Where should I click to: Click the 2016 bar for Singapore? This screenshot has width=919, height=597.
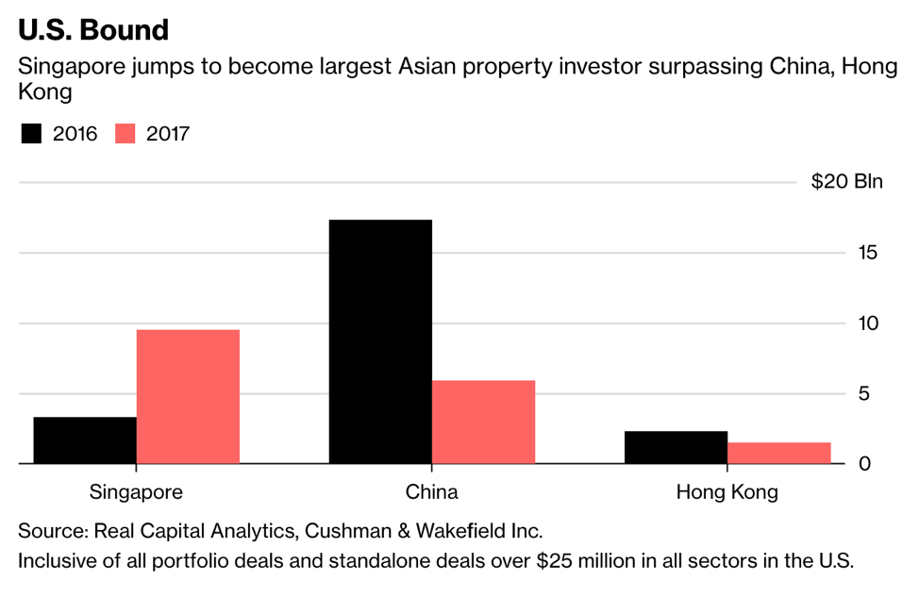coord(85,440)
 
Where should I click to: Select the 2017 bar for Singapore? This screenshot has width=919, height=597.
coord(188,396)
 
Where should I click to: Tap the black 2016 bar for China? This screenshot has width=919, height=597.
coord(380,341)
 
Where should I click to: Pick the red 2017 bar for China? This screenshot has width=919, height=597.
coord(483,422)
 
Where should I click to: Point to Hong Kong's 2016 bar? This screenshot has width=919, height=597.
coord(676,447)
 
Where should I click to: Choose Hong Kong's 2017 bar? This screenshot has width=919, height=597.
coord(779,453)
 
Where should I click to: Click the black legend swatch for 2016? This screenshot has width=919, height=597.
coord(32,134)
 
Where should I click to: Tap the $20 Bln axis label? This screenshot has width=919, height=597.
coord(846,182)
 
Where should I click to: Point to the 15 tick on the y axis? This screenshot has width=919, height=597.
coord(868,253)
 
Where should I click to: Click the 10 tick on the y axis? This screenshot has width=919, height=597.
coord(868,323)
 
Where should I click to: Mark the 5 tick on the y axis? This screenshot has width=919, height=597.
coord(873,394)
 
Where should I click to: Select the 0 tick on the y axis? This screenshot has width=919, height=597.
coord(873,464)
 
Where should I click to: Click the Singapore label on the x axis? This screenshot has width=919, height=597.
coord(136,492)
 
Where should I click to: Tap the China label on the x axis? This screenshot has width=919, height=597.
coord(431,492)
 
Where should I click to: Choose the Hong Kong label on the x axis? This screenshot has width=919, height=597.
coord(727,492)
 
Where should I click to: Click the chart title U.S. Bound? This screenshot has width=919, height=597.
coord(93,29)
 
